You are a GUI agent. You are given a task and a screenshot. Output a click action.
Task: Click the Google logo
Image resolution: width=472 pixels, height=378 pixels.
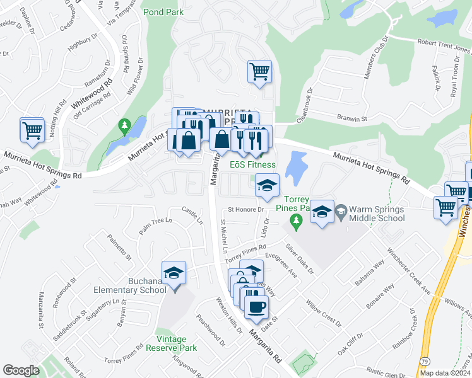point(21,370)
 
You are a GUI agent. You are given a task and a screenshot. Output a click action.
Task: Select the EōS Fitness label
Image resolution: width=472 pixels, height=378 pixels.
point(252,165)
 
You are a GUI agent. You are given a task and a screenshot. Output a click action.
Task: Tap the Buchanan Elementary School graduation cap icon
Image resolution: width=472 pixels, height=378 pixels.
point(174,273)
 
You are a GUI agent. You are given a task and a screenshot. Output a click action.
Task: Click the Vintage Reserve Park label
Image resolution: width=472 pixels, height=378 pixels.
point(172,343)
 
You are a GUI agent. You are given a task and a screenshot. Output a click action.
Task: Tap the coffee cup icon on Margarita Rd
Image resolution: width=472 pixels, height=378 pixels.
point(256,307)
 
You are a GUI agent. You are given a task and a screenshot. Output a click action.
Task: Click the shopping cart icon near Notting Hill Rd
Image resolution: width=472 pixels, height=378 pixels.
point(32,130)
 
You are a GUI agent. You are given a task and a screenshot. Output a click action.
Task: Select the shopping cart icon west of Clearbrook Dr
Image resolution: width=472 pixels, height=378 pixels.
point(259,71)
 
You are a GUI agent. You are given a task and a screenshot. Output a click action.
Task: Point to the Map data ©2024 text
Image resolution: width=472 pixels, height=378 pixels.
point(445,373)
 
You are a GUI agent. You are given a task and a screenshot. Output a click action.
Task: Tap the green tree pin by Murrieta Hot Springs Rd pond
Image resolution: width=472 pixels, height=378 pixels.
point(125,127)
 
